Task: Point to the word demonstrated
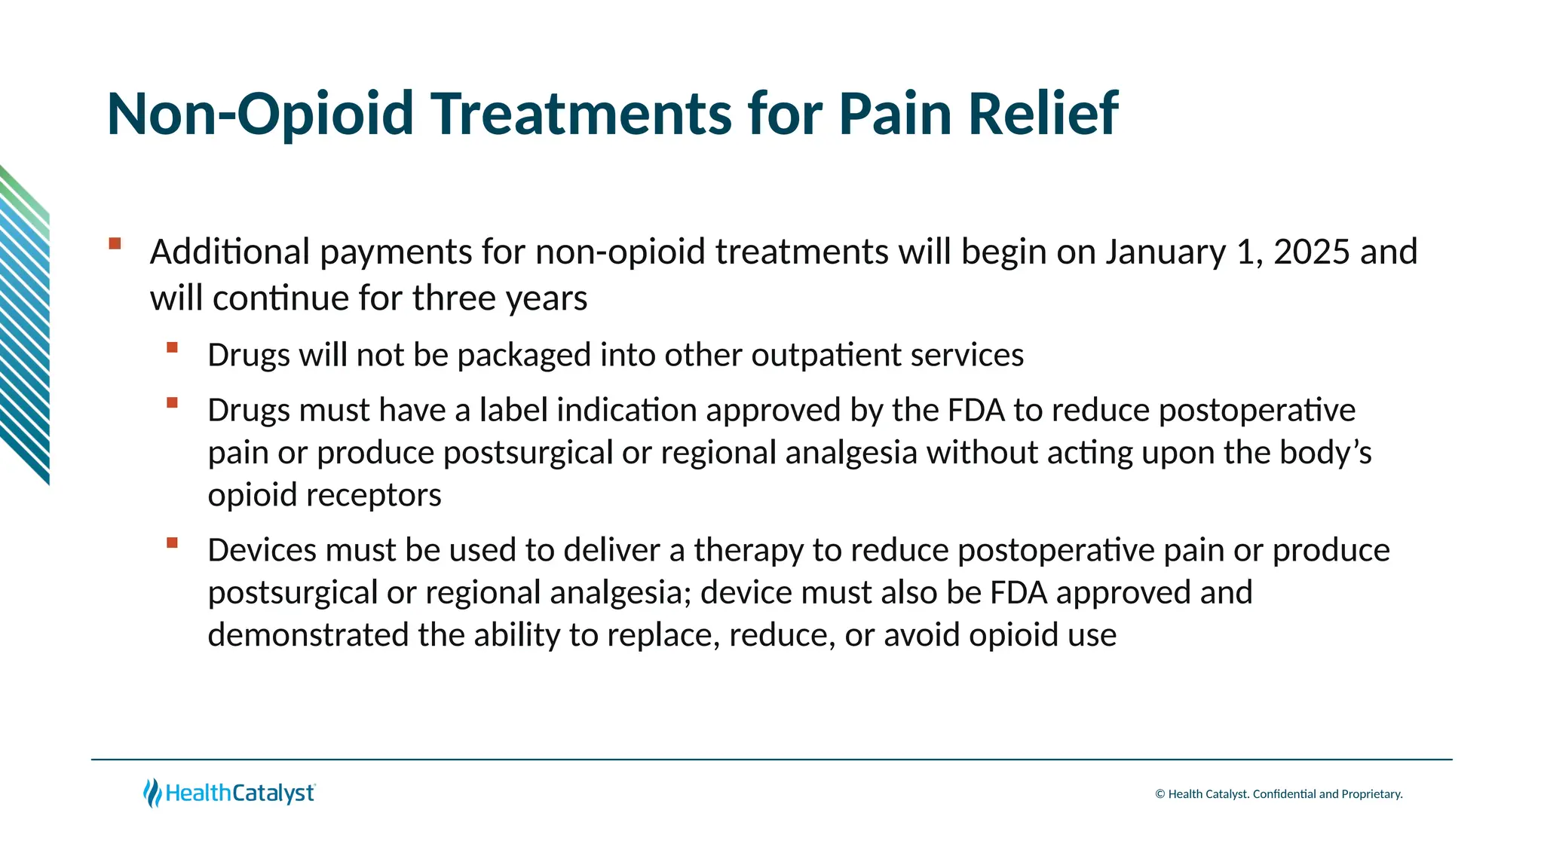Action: click(x=308, y=635)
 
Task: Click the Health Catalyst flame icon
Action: click(x=152, y=793)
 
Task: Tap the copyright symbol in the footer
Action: click(x=1160, y=794)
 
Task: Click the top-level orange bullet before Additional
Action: click(x=115, y=243)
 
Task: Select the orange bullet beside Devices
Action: click(x=173, y=542)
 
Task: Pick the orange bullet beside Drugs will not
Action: click(x=173, y=347)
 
